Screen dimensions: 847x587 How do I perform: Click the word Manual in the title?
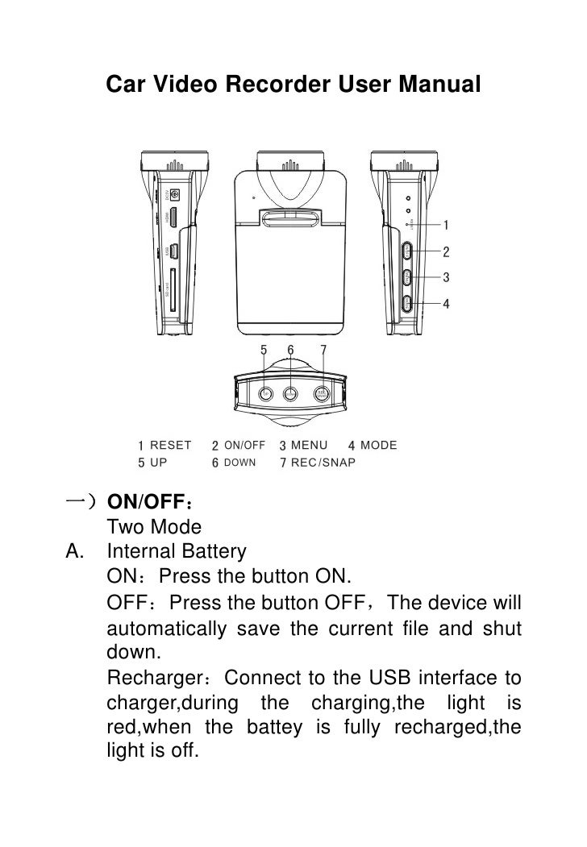point(438,84)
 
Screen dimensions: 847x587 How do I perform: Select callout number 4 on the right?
point(446,304)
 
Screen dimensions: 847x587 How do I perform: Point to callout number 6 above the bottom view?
point(291,351)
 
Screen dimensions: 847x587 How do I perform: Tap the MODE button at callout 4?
point(407,304)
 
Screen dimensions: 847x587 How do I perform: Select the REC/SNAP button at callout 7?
point(322,393)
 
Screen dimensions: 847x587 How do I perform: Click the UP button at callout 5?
point(266,392)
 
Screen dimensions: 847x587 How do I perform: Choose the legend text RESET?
point(171,445)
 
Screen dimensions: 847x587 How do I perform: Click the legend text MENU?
point(309,445)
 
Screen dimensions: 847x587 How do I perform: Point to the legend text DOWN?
point(239,463)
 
